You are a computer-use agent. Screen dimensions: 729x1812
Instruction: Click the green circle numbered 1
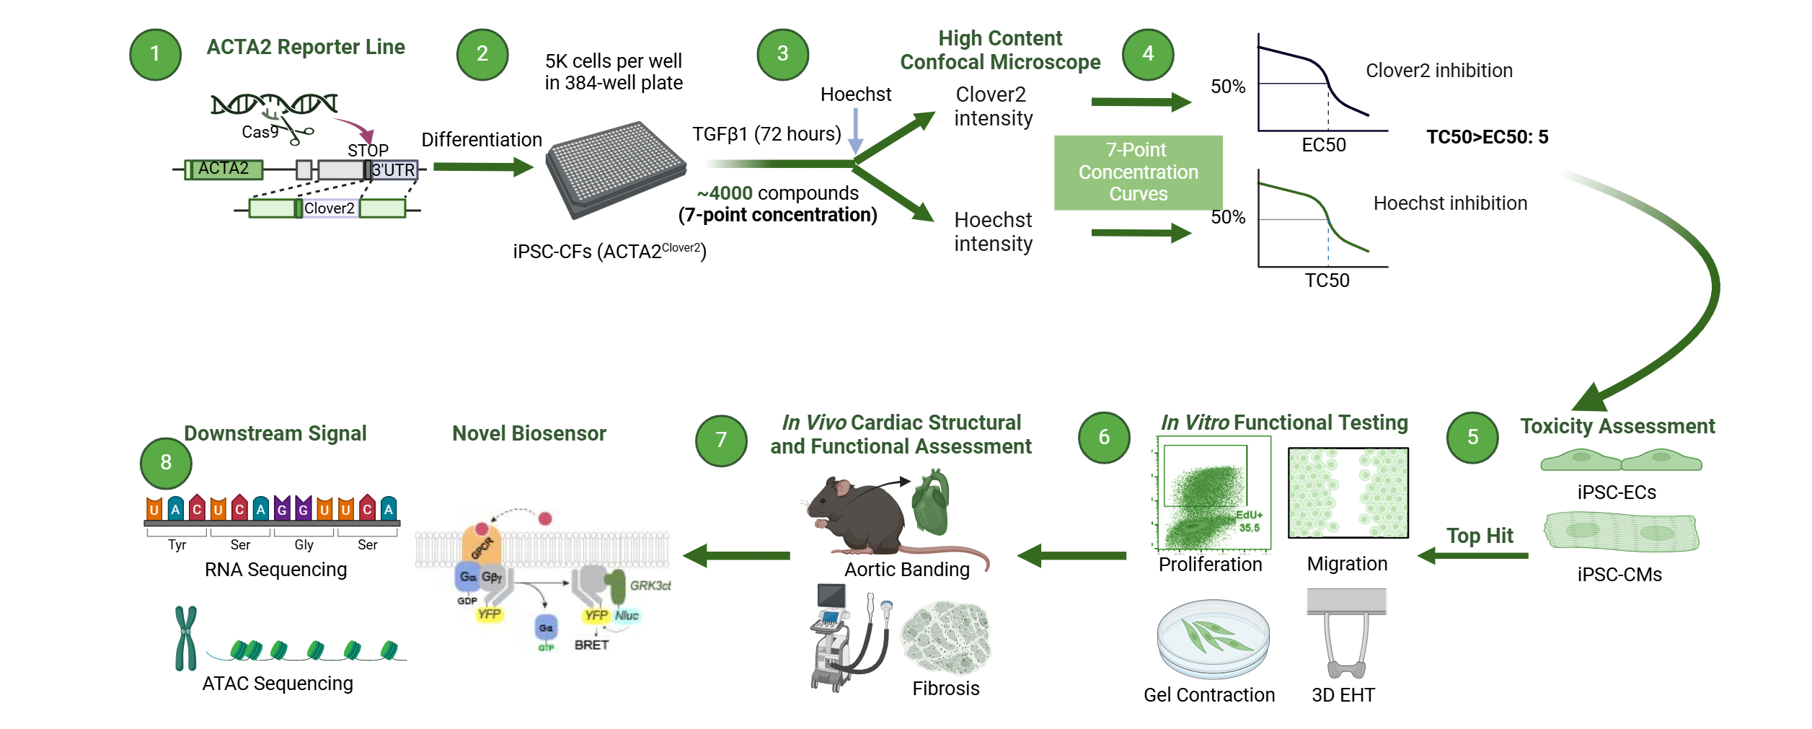pyautogui.click(x=155, y=54)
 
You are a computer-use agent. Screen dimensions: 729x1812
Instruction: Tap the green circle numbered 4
pyautogui.click(x=1148, y=54)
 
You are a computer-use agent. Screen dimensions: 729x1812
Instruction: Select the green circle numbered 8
pyautogui.click(x=166, y=463)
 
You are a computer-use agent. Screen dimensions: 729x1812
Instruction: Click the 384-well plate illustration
pyautogui.click(x=615, y=169)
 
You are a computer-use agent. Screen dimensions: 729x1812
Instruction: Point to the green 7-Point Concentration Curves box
pyautogui.click(x=1138, y=172)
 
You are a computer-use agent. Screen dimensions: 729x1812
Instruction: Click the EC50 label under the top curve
pyautogui.click(x=1323, y=145)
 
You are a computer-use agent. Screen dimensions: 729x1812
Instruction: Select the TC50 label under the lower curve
pyautogui.click(x=1327, y=280)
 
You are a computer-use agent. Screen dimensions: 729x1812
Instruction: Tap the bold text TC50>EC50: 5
pyautogui.click(x=1487, y=137)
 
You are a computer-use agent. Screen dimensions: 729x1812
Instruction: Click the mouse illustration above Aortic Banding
pyautogui.click(x=858, y=513)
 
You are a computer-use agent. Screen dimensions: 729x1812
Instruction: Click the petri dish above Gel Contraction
pyautogui.click(x=1213, y=638)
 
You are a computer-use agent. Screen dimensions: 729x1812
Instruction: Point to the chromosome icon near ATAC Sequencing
pyautogui.click(x=186, y=638)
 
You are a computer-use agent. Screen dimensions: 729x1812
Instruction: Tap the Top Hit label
pyautogui.click(x=1480, y=536)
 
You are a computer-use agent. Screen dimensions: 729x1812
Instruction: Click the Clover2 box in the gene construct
pyautogui.click(x=330, y=208)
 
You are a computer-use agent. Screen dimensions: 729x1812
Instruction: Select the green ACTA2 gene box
pyautogui.click(x=224, y=169)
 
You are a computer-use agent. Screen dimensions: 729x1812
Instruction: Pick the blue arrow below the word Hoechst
pyautogui.click(x=855, y=131)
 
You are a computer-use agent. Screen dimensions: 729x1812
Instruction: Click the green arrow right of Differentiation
pyautogui.click(x=483, y=167)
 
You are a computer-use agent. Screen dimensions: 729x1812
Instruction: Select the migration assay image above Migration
pyautogui.click(x=1348, y=492)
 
